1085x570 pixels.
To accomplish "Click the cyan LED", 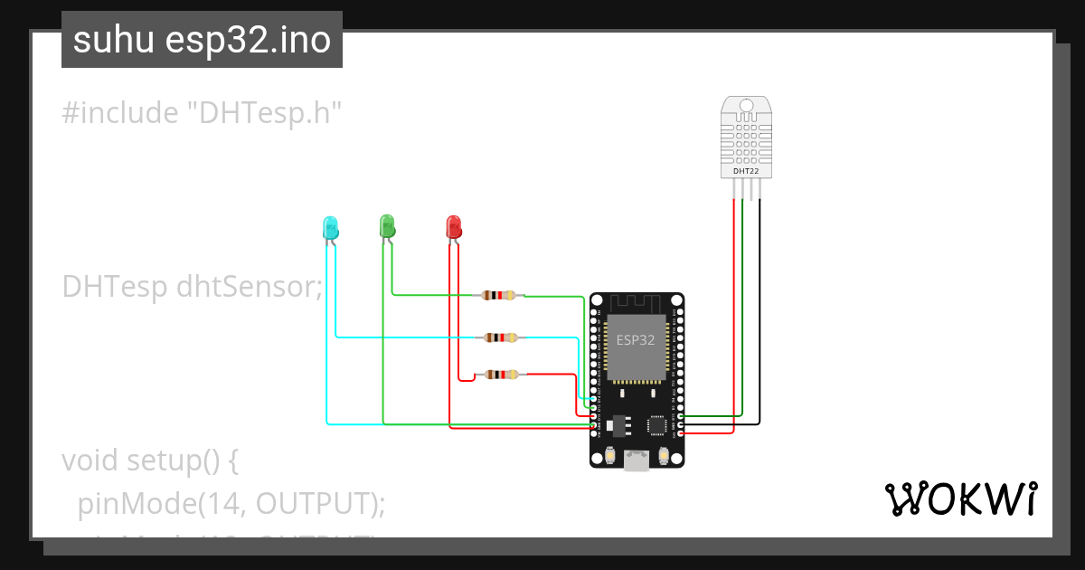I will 330,227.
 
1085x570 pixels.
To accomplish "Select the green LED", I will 387,225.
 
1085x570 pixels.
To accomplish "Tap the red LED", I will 454,226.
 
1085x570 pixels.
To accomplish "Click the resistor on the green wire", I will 499,295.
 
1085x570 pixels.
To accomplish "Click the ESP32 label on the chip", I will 636,340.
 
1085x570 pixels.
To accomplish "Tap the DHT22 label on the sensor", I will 746,170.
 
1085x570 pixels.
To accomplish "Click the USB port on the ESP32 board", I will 637,461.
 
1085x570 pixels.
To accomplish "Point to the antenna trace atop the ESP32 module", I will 637,303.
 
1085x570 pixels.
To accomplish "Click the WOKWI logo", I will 960,499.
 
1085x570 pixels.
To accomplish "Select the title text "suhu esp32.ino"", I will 202,40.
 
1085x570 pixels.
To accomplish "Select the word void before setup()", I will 90,461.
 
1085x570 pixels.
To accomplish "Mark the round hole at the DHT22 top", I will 746,106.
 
